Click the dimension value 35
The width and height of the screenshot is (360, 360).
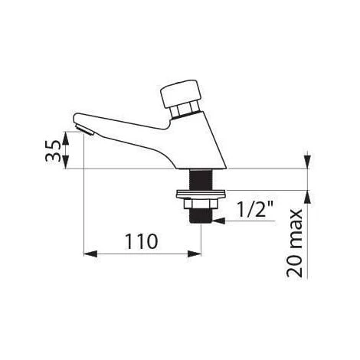pos(51,149)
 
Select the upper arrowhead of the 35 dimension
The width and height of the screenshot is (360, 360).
pos(67,134)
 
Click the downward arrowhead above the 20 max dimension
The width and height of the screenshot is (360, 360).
pos(306,162)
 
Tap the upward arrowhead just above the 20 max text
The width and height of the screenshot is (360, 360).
pos(306,198)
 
